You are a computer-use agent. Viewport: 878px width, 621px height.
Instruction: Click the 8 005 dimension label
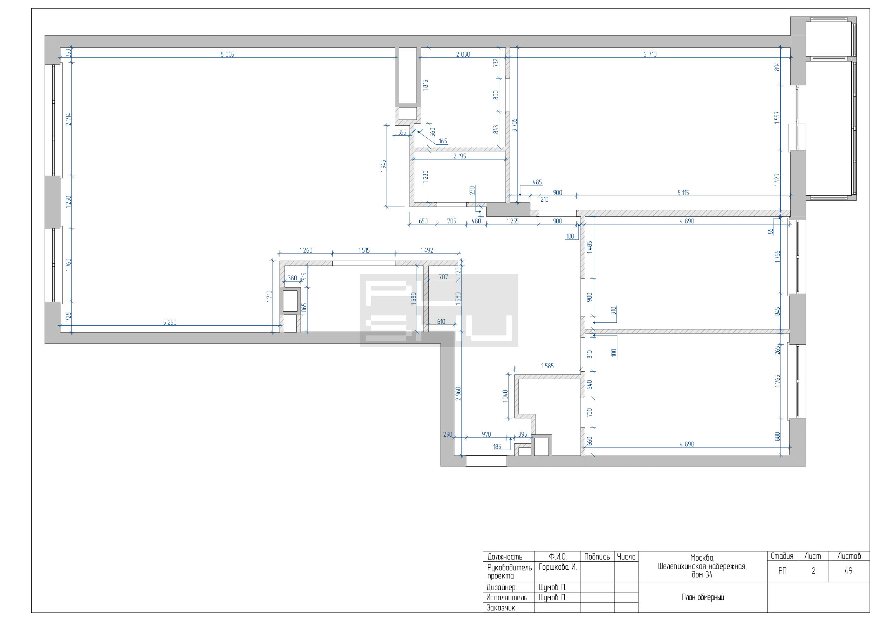pos(227,54)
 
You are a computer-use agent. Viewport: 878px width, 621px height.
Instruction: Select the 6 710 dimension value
pos(650,54)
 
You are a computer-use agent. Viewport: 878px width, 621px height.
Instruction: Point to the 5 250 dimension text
pos(170,322)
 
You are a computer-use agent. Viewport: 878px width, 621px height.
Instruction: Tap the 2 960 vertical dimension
pos(458,393)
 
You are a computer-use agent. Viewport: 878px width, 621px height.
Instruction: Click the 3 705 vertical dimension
pos(515,125)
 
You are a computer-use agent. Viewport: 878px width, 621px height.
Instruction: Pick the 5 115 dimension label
pos(683,193)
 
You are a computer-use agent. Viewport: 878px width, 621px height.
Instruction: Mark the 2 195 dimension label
pos(459,156)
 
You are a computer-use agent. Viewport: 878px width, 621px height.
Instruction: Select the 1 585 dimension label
pos(547,366)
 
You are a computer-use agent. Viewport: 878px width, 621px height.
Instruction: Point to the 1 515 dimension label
pos(363,250)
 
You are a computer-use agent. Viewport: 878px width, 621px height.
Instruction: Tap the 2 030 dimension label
pos(463,54)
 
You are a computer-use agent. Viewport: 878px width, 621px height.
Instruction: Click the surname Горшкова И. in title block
pos(557,567)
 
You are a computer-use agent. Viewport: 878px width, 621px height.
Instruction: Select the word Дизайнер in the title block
pos(501,587)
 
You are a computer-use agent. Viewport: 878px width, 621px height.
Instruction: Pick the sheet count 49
pos(848,570)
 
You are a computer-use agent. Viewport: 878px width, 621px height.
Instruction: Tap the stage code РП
pos(782,570)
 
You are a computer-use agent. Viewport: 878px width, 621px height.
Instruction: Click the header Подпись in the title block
pos(597,557)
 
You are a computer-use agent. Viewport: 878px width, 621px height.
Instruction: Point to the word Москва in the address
pos(702,558)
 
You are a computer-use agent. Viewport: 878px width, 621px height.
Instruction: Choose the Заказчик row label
pos(500,608)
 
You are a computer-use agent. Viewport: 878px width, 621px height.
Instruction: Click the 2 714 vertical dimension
pos(68,119)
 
